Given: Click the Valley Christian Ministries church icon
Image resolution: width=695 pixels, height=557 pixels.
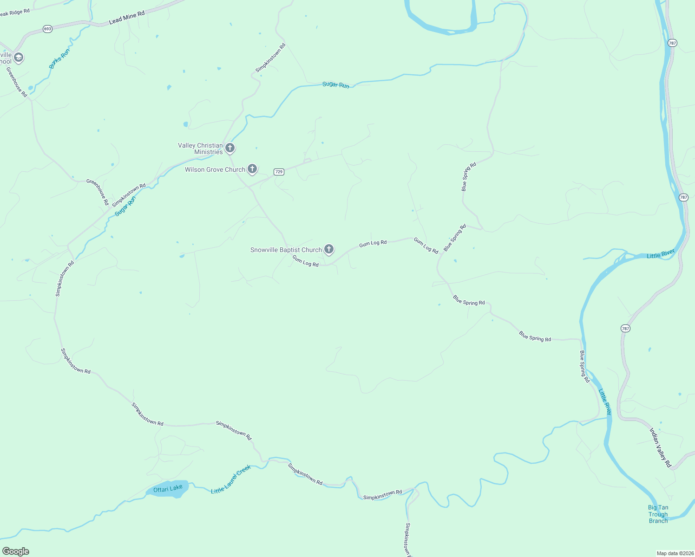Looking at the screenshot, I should tap(229, 148).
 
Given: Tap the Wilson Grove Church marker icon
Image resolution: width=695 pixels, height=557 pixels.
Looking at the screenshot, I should tap(252, 169).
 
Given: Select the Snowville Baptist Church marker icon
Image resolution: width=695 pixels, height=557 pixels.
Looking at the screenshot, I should tap(329, 249).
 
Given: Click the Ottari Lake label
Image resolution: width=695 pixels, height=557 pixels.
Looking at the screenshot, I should tap(168, 488).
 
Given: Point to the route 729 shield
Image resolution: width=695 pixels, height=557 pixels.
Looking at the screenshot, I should tap(279, 172).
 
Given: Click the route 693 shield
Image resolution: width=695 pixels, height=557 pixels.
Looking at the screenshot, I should tap(47, 29).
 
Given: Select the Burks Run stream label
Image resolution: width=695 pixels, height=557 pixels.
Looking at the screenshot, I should tap(59, 59).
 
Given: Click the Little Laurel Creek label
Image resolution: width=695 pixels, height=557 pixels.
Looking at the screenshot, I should tap(231, 479).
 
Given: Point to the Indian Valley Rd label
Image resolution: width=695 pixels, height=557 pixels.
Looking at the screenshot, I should tap(660, 447).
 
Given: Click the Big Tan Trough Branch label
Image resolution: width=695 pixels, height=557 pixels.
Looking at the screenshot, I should tap(658, 514).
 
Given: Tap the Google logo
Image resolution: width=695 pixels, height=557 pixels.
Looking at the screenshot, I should tap(16, 551).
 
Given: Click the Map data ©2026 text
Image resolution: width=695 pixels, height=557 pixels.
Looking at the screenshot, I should tap(674, 553).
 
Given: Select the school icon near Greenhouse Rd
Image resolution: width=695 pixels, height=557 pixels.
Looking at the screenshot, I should tap(19, 58).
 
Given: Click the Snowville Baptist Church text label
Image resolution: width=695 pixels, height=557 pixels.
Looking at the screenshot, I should tap(286, 250).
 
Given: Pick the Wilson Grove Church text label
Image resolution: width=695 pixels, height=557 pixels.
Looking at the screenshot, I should tap(215, 169).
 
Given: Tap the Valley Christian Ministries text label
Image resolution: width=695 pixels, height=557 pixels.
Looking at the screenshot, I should tap(201, 149).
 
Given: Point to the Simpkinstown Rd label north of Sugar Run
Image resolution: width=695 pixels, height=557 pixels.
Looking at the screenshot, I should tap(270, 58).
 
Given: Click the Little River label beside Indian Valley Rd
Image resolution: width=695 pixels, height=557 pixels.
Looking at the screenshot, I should tap(605, 402).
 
